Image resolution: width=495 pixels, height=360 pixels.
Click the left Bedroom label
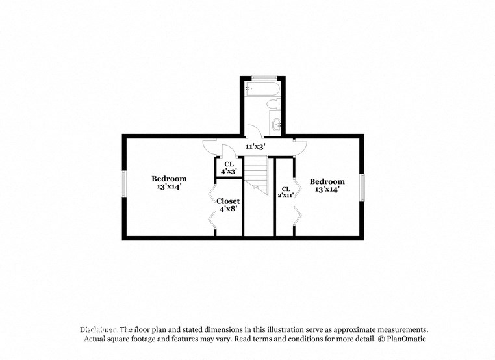(x=169, y=179)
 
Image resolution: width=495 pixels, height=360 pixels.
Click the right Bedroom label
(x=327, y=181)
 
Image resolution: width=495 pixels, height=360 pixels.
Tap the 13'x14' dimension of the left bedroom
(x=169, y=186)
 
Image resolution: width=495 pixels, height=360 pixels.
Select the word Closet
(x=228, y=201)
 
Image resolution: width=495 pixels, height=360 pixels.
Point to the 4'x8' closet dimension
(x=228, y=209)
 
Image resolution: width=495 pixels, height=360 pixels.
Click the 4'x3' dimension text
(x=229, y=171)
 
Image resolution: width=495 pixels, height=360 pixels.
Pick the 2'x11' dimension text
(x=286, y=194)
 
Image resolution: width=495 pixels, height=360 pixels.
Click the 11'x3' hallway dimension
(x=254, y=147)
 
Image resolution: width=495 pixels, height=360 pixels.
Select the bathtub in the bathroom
(x=262, y=88)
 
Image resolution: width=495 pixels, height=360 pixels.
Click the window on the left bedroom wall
(x=123, y=183)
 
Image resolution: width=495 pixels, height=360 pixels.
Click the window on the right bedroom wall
(x=362, y=186)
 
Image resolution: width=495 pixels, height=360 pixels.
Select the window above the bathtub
(x=262, y=77)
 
